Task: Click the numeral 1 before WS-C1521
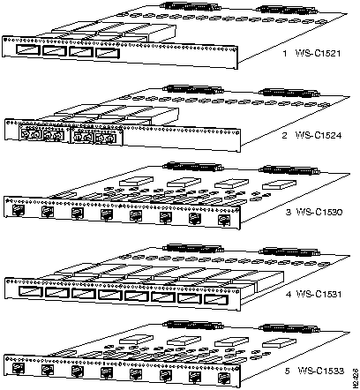286,53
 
